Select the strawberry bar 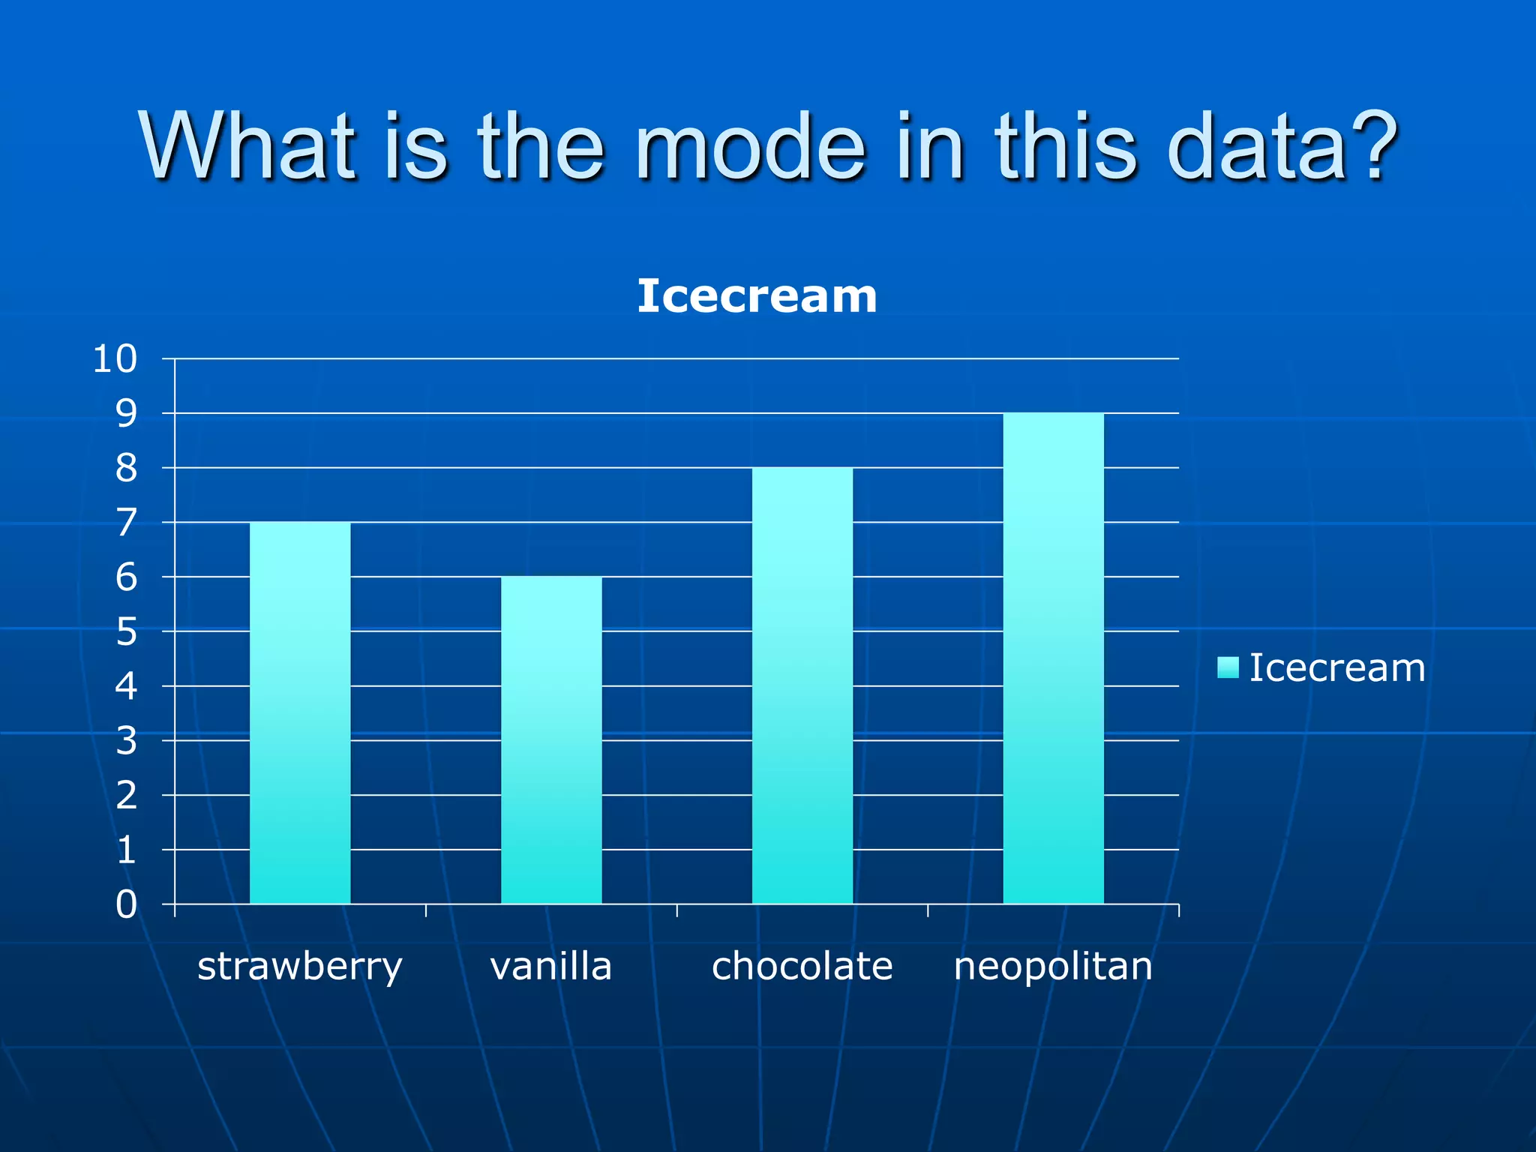point(300,712)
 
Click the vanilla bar point(551,740)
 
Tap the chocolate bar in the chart point(802,685)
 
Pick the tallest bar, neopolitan point(1053,658)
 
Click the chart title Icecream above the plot point(757,295)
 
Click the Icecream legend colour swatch point(1228,667)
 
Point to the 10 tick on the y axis point(115,359)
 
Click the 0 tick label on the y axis point(126,904)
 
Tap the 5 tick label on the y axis point(126,632)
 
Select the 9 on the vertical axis point(126,414)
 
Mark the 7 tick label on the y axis point(126,523)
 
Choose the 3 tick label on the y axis point(126,741)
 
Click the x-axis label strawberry point(300,967)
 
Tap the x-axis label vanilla point(551,966)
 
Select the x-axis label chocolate point(802,966)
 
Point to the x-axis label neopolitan point(1053,967)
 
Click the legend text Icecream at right point(1337,667)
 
